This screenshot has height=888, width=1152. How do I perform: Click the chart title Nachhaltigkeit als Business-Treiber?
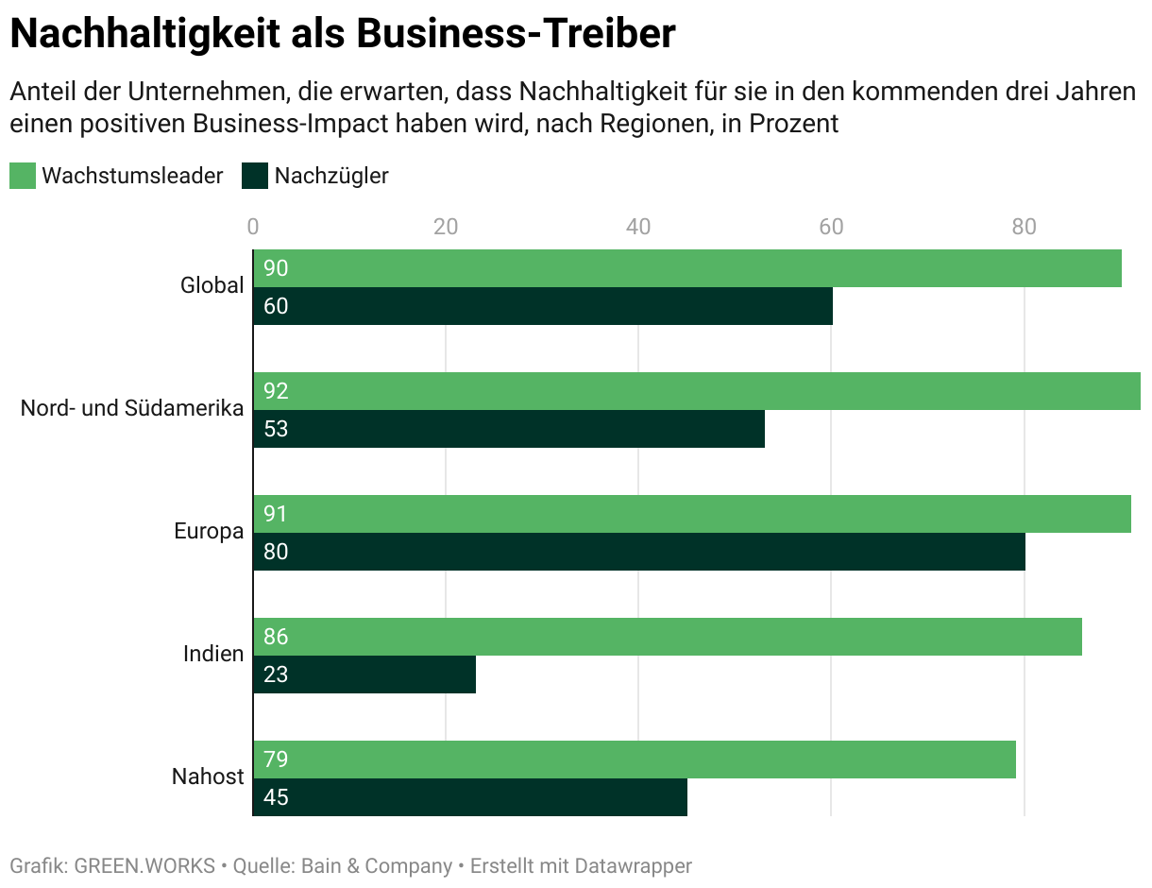[x=343, y=34]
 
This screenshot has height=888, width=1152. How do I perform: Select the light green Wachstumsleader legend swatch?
[x=23, y=176]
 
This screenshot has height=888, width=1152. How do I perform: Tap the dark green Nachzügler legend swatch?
[x=255, y=176]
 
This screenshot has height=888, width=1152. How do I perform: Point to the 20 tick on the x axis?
[x=446, y=227]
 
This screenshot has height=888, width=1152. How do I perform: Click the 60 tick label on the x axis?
[x=831, y=227]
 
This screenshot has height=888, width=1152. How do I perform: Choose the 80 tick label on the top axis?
[x=1024, y=227]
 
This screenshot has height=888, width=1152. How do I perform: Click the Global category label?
[x=212, y=285]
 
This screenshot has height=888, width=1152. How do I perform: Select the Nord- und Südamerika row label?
[x=132, y=408]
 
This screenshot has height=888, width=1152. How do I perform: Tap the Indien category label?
[x=213, y=654]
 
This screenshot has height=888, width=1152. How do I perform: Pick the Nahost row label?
[x=208, y=777]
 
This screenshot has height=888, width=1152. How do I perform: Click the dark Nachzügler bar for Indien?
[x=364, y=675]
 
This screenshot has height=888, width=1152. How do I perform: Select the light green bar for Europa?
[x=691, y=514]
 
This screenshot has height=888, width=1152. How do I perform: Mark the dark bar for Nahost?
[x=470, y=797]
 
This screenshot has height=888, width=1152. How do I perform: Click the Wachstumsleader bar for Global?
[x=687, y=268]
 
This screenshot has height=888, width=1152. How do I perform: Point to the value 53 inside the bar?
[x=276, y=429]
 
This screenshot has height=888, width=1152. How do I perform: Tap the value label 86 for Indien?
[x=276, y=637]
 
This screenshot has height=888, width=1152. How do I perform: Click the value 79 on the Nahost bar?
[x=276, y=760]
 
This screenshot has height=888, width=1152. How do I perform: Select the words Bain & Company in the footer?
[x=376, y=865]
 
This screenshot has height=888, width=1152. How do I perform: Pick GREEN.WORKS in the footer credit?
[x=144, y=865]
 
